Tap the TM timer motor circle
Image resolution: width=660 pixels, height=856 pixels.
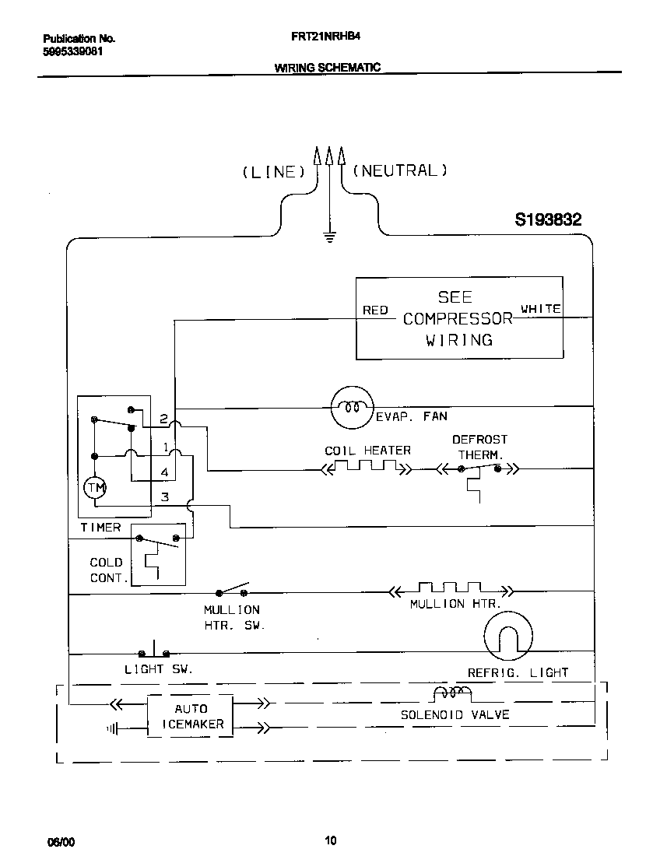(x=95, y=487)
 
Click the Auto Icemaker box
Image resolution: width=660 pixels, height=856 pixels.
(x=191, y=716)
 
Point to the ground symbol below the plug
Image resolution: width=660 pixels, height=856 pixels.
(x=329, y=237)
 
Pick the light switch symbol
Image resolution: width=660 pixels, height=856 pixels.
(x=154, y=652)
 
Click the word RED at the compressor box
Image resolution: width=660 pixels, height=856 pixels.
(x=375, y=310)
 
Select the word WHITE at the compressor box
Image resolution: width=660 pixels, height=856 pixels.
(x=540, y=309)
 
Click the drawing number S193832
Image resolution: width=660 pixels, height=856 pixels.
(x=548, y=220)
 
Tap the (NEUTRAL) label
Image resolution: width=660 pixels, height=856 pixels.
(x=400, y=170)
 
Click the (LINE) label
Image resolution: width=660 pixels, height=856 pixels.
(x=272, y=172)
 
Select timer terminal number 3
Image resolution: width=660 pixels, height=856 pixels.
(x=164, y=496)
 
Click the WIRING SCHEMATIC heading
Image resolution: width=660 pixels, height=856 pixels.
(x=327, y=68)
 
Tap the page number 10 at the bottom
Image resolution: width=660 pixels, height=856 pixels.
(x=330, y=840)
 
